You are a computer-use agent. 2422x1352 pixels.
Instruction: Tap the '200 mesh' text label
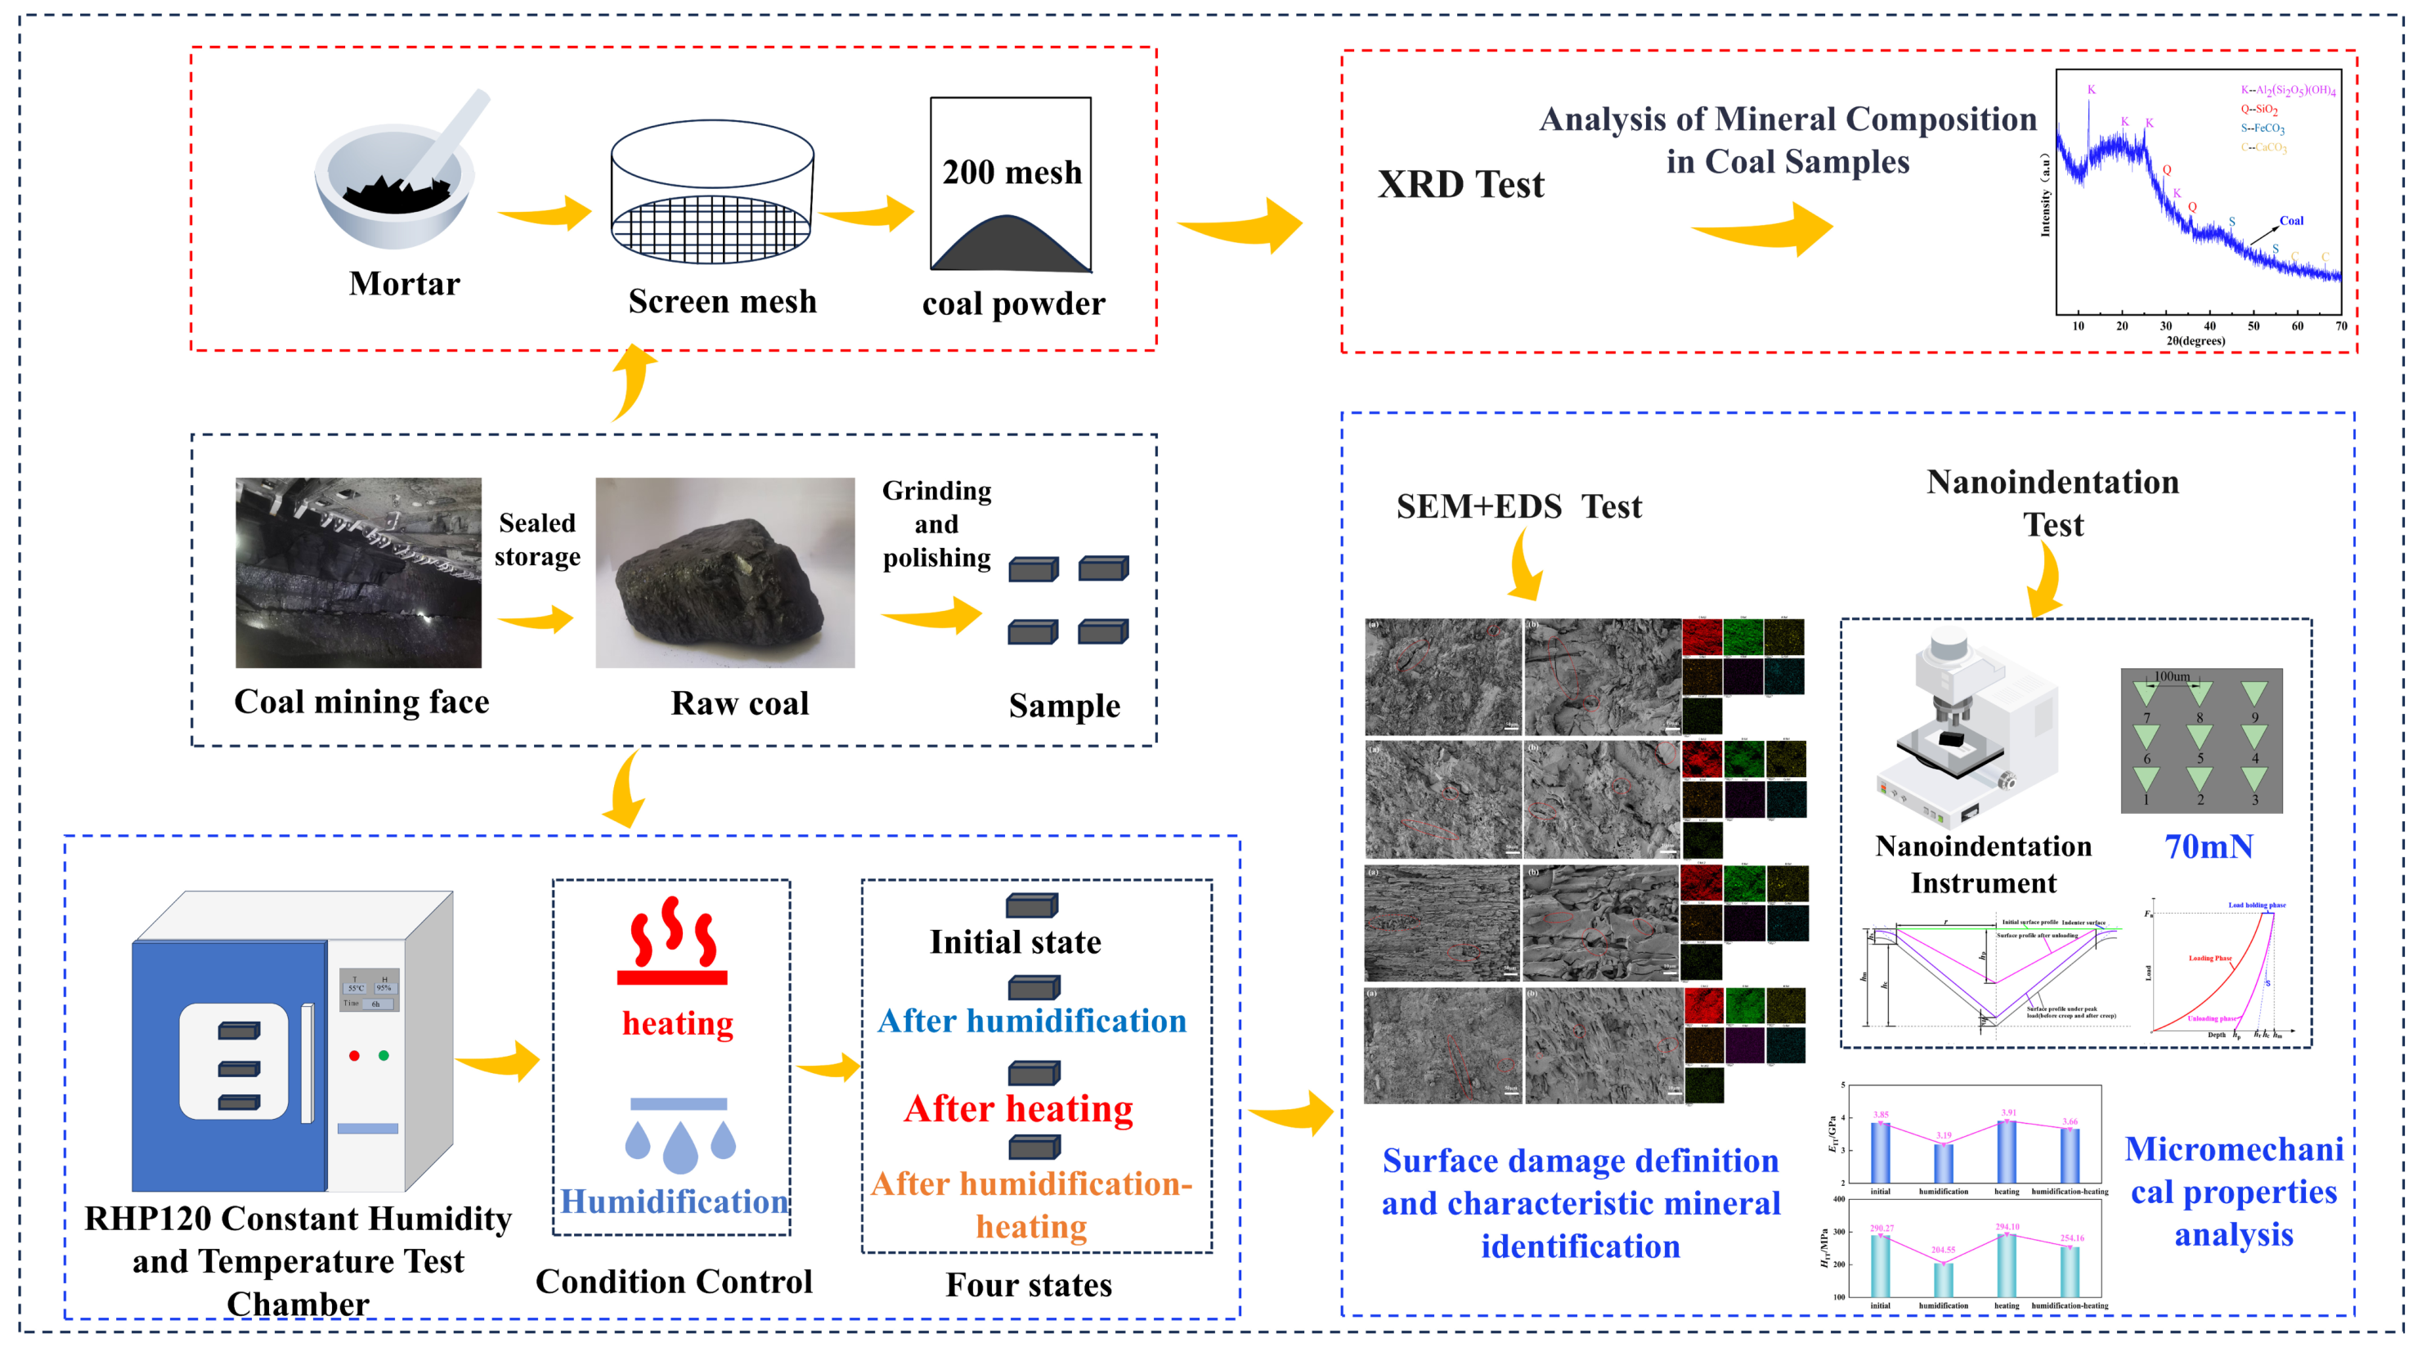[1011, 173]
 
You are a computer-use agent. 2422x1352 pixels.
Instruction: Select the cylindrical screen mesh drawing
[711, 193]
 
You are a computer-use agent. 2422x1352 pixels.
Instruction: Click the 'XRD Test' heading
[1460, 185]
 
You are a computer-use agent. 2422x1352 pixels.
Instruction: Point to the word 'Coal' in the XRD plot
[2290, 221]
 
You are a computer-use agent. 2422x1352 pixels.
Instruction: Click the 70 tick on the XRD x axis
[2340, 326]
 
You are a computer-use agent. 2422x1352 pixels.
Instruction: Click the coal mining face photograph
[358, 573]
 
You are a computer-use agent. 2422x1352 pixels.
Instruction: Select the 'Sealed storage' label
[537, 540]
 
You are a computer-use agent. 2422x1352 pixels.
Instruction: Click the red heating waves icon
[673, 941]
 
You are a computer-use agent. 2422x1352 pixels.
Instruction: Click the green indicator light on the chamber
[383, 1056]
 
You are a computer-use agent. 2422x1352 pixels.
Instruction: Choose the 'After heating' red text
[1018, 1109]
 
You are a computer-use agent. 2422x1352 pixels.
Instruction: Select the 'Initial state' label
[1016, 942]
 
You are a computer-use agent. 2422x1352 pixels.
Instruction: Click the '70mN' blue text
[2209, 847]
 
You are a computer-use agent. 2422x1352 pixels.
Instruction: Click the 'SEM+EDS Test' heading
[1518, 508]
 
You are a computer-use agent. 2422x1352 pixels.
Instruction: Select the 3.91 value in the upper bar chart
[2008, 1112]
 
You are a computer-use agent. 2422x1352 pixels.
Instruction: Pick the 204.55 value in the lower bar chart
[1944, 1251]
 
